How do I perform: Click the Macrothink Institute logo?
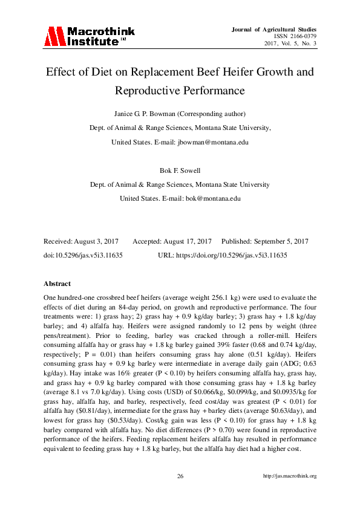89,36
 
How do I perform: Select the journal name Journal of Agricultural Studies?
274,29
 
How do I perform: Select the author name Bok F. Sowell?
180,170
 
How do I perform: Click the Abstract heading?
57,283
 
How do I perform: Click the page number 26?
180,476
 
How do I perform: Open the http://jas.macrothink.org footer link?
290,476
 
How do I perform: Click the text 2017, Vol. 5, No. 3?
290,44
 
